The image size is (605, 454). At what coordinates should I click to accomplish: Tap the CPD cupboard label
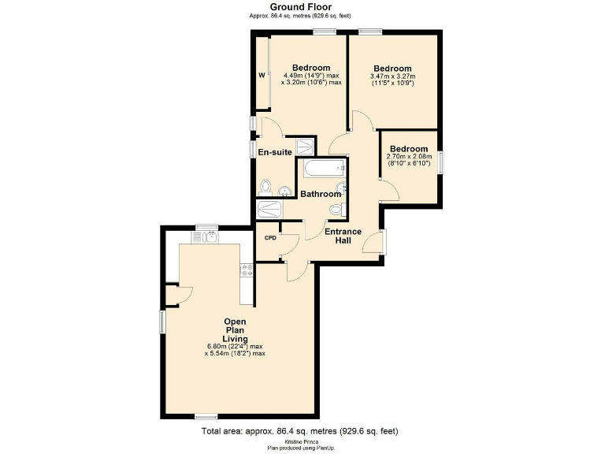pyautogui.click(x=270, y=237)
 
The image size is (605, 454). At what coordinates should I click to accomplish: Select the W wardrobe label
pyautogui.click(x=261, y=76)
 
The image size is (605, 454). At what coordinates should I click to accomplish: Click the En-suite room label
pyautogui.click(x=273, y=152)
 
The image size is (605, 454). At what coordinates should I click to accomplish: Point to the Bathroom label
pyautogui.click(x=321, y=194)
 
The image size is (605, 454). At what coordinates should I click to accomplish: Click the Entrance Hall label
pyautogui.click(x=343, y=236)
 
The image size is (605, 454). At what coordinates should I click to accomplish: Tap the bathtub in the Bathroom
pyautogui.click(x=321, y=168)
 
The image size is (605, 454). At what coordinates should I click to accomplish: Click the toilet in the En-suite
pyautogui.click(x=266, y=187)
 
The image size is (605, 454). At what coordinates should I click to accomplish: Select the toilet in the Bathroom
pyautogui.click(x=336, y=209)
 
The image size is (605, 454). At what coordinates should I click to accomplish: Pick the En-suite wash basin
pyautogui.click(x=284, y=190)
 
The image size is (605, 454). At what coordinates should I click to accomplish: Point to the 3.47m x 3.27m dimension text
pyautogui.click(x=392, y=76)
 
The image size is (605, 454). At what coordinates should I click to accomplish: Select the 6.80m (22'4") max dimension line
pyautogui.click(x=236, y=346)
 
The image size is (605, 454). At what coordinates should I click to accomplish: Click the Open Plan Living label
pyautogui.click(x=235, y=330)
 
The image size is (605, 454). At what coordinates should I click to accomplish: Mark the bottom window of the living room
pyautogui.click(x=206, y=415)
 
